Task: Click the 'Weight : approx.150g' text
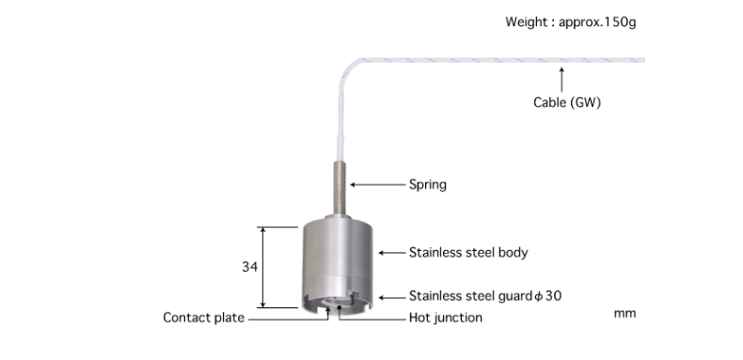(x=571, y=23)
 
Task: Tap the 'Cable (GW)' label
(x=567, y=102)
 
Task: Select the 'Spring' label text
(x=427, y=185)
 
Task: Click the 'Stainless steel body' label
(x=468, y=253)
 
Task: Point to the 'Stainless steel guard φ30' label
(x=485, y=296)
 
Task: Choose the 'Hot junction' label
(x=446, y=318)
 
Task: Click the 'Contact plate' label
(x=204, y=318)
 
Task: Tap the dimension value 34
(x=250, y=267)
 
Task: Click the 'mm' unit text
(x=625, y=314)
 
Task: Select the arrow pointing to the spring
(x=378, y=185)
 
